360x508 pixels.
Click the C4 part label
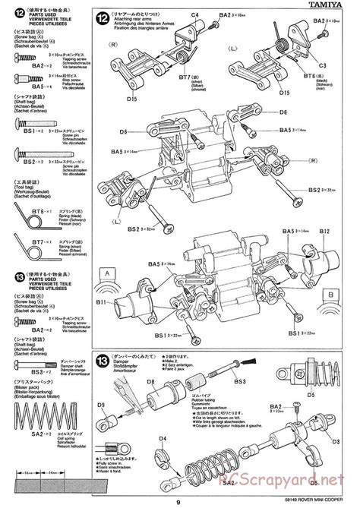click(195, 15)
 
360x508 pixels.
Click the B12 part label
click(324, 231)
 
